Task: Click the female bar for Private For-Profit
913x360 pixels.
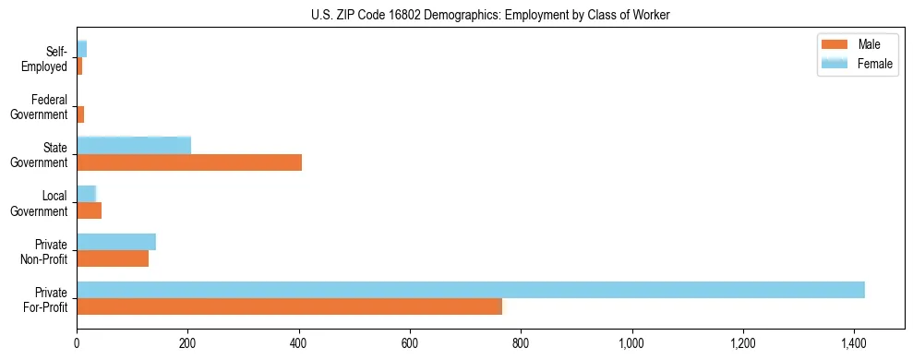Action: point(471,290)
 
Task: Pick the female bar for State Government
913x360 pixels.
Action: point(134,145)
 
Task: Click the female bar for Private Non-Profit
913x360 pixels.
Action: point(116,242)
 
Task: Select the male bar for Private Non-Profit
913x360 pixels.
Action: point(113,258)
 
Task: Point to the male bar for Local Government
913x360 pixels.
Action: point(89,210)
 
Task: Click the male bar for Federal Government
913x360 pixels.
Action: point(80,114)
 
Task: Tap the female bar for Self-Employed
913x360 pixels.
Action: point(82,49)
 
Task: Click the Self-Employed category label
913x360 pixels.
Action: point(47,58)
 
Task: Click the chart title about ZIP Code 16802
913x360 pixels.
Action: point(490,15)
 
